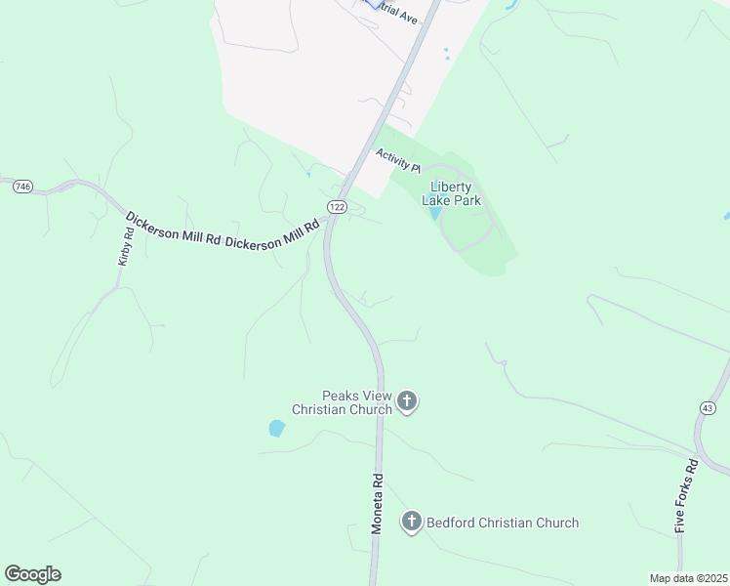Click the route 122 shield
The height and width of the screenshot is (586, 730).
pyautogui.click(x=337, y=207)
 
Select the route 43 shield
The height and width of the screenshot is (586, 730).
pyautogui.click(x=708, y=406)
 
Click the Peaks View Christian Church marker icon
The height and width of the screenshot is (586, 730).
pyautogui.click(x=408, y=401)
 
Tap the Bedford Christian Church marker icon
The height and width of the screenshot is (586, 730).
pyautogui.click(x=412, y=523)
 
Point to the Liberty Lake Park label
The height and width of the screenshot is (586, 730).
pyautogui.click(x=452, y=193)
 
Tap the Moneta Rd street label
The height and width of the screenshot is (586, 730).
pyautogui.click(x=378, y=504)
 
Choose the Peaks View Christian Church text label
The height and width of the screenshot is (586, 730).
pyautogui.click(x=344, y=402)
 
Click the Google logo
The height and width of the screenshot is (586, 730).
pyautogui.click(x=32, y=574)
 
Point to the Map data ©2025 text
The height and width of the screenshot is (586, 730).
pyautogui.click(x=688, y=578)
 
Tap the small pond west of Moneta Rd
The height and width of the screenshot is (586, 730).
pyautogui.click(x=277, y=428)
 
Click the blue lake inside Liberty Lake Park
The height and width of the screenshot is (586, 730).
pyautogui.click(x=435, y=213)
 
